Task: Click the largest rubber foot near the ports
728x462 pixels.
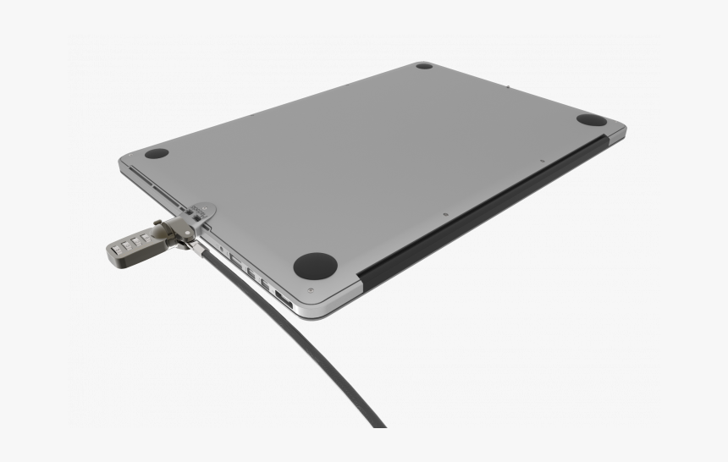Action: pos(315,265)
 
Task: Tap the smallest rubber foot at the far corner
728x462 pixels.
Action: pos(424,66)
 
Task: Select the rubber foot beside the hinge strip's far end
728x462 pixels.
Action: pos(592,120)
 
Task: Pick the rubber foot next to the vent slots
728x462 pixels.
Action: pos(157,154)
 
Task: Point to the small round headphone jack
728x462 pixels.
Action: pos(222,249)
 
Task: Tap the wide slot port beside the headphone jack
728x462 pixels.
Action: pos(236,260)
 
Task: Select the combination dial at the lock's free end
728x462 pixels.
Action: pos(116,251)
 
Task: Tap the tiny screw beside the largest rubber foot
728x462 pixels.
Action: pos(310,290)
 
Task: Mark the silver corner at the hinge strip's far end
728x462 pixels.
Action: pos(616,130)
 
